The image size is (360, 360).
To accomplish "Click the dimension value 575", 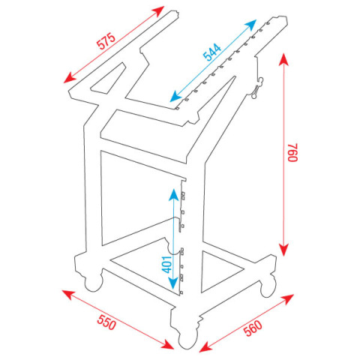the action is [x=106, y=41].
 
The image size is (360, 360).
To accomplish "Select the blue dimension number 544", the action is [x=212, y=52].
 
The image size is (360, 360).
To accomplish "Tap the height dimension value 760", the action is [x=292, y=152].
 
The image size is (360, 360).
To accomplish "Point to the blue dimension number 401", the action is [x=167, y=264].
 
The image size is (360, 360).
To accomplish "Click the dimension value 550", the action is [x=106, y=322].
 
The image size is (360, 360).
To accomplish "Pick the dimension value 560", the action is [x=253, y=328].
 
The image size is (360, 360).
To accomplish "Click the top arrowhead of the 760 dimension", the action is [x=283, y=59].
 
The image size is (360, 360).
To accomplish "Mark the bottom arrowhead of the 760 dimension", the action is [x=283, y=250].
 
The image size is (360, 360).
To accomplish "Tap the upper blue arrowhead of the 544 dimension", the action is [x=250, y=24].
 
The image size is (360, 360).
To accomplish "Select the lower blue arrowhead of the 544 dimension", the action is [x=175, y=97].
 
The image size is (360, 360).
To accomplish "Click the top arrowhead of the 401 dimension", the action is [x=173, y=194].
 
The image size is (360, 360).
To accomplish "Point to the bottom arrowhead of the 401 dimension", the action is [x=173, y=283].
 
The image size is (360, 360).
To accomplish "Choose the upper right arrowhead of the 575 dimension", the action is [x=159, y=10].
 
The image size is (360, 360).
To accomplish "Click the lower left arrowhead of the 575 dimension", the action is [x=70, y=78].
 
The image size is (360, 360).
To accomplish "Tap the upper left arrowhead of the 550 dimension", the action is [x=68, y=294].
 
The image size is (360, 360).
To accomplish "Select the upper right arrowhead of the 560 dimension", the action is [x=287, y=298].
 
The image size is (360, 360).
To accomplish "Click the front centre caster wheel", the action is [x=187, y=340].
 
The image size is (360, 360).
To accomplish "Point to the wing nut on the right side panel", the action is [x=257, y=88].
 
